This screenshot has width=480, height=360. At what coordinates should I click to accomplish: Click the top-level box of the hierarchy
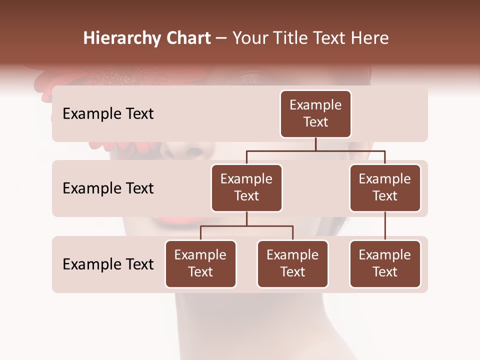click(x=315, y=113)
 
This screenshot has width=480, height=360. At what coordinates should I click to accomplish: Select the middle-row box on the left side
click(x=246, y=187)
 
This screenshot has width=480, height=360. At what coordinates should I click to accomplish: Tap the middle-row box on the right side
click(x=385, y=187)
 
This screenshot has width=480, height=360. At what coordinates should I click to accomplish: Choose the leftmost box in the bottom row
click(x=200, y=263)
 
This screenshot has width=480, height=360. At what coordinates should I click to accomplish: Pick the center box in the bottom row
click(x=292, y=263)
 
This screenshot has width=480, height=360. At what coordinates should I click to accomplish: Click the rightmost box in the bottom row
click(x=385, y=263)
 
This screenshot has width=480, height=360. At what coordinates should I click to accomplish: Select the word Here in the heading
click(x=369, y=38)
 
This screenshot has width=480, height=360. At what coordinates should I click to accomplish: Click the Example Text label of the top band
click(x=108, y=114)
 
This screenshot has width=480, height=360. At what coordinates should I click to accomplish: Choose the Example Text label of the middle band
click(x=108, y=188)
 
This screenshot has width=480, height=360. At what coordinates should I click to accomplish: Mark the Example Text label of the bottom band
click(x=108, y=264)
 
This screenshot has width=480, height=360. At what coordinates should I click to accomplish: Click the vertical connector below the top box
click(x=315, y=144)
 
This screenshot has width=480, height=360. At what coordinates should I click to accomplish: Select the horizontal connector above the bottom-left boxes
click(x=246, y=226)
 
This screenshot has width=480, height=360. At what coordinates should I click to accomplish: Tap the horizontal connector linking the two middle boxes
click(x=315, y=150)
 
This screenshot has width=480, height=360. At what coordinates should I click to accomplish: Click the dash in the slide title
click(x=221, y=38)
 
